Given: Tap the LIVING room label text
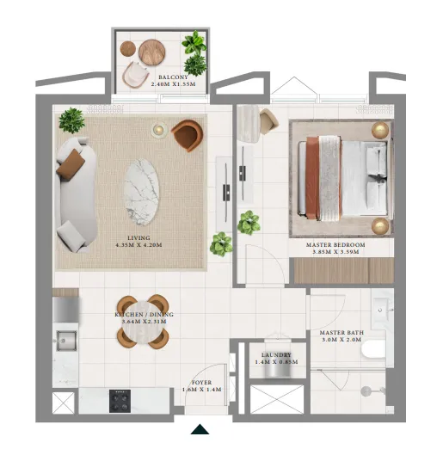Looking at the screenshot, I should (x=138, y=237).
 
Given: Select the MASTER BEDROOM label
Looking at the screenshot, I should (x=335, y=245).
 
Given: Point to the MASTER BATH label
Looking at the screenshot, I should (x=339, y=332).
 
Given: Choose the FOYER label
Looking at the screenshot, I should (x=201, y=382).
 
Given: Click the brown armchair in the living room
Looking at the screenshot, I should (x=188, y=135).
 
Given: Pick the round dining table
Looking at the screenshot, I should (x=144, y=319).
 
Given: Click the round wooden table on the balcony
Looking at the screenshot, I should (x=155, y=51).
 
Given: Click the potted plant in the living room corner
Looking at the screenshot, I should (x=71, y=119).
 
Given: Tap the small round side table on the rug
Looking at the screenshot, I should (x=159, y=130).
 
